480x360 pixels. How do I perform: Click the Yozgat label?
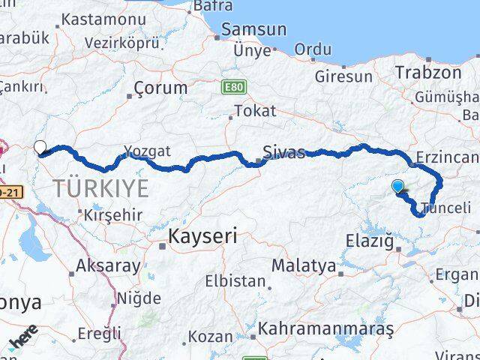[x=148, y=151]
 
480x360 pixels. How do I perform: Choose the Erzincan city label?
[x=450, y=157]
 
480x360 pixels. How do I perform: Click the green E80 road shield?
[x=233, y=88]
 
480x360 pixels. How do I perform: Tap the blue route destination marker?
[x=397, y=185]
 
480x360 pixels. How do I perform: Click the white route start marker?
[x=40, y=147]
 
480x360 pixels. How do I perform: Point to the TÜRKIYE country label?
[x=101, y=188]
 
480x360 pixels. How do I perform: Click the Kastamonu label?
[x=103, y=19]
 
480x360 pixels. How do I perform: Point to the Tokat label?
[x=255, y=111]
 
